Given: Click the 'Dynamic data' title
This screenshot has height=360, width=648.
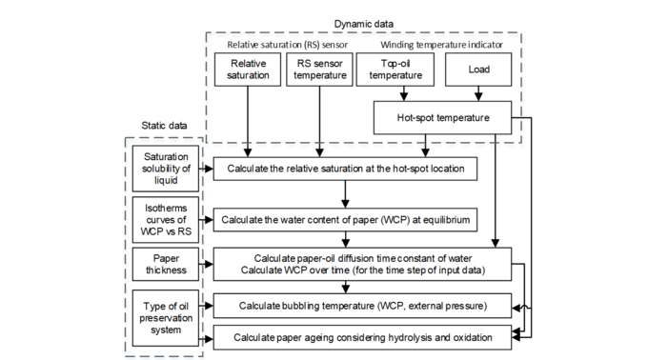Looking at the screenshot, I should (364, 22).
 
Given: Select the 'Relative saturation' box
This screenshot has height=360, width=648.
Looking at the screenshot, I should (248, 69).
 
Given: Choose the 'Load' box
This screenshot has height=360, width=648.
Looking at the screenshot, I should (479, 69).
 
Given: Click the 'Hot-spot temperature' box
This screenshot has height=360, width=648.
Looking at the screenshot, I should (442, 118).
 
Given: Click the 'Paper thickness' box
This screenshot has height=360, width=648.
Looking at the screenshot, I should (167, 263).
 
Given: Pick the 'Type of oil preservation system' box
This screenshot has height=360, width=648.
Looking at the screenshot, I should (167, 316).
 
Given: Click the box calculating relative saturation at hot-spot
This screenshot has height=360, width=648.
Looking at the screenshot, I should (346, 170).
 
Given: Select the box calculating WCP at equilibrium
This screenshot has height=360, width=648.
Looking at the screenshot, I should (346, 221).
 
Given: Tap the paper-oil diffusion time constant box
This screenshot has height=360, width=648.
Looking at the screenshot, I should (362, 263).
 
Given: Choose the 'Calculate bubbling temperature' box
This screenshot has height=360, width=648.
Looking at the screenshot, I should (362, 306).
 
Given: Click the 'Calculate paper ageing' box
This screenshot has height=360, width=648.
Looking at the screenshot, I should (362, 337).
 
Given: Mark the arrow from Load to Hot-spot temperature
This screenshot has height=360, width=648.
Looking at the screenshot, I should (479, 92).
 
